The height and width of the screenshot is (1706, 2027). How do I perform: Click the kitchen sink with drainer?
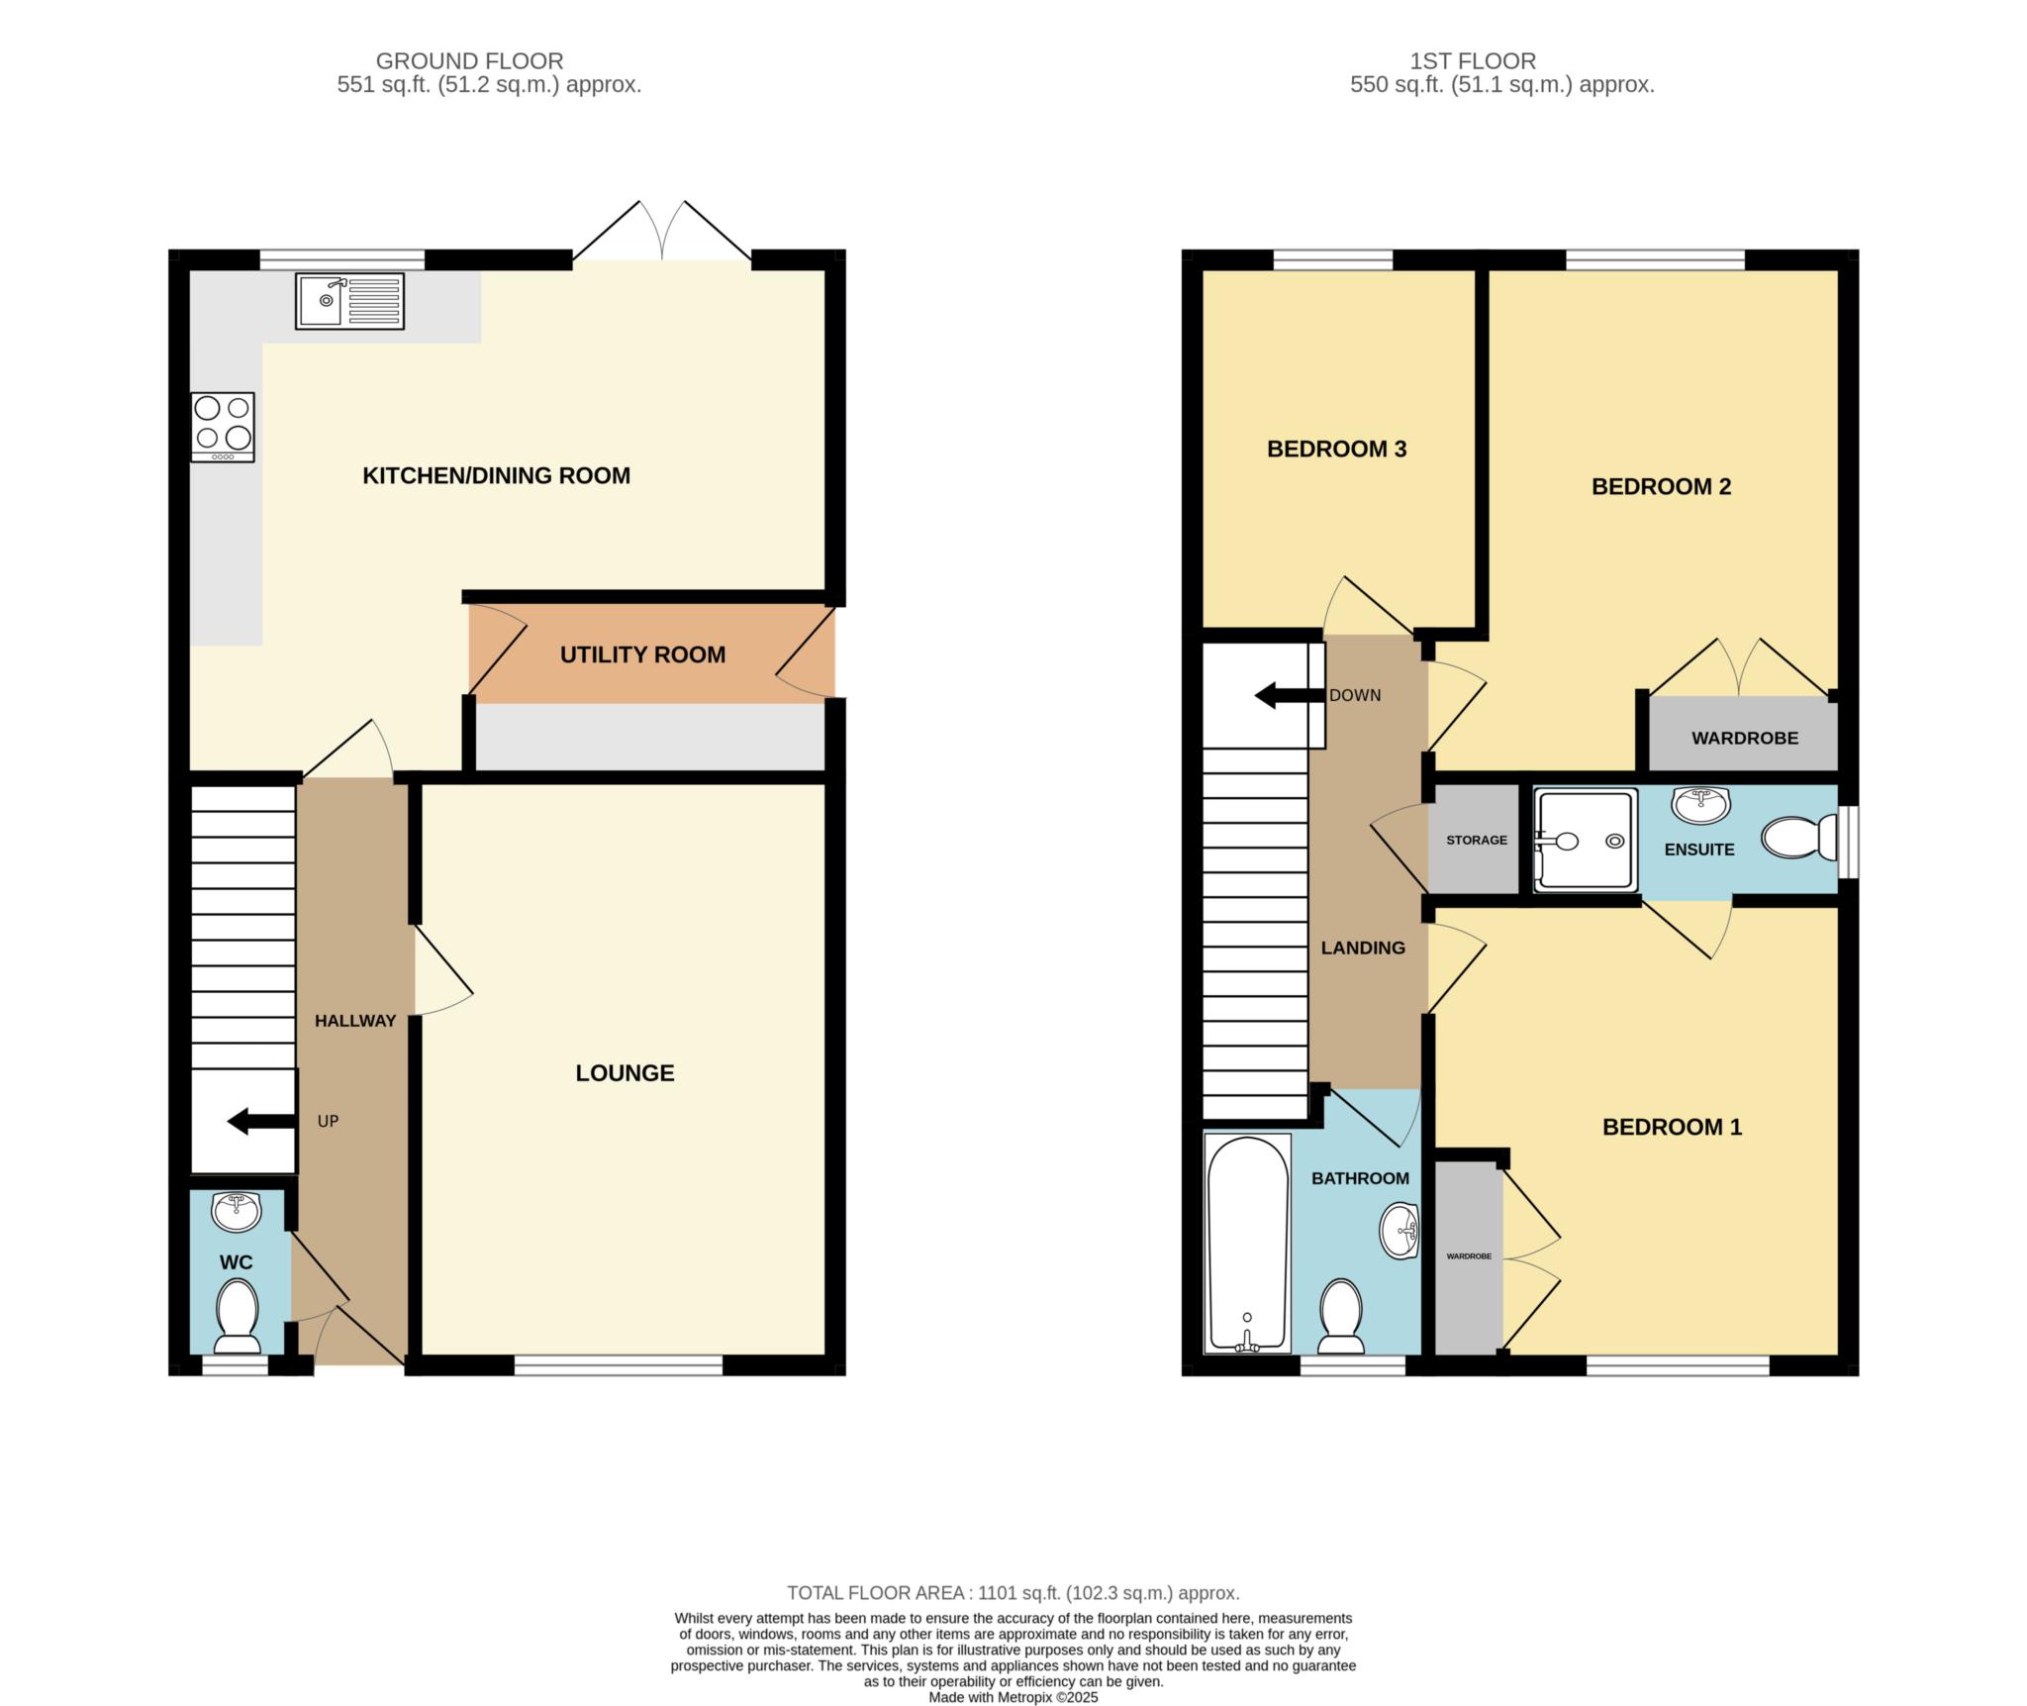pos(349,301)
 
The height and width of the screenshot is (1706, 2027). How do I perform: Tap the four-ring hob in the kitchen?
pos(223,427)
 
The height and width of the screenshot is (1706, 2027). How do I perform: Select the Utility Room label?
pos(642,654)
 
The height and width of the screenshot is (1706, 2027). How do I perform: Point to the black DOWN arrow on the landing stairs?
pos(1290,696)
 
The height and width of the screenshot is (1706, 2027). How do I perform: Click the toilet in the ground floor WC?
pos(237,1316)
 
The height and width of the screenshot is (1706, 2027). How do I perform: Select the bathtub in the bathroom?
pos(1247,1244)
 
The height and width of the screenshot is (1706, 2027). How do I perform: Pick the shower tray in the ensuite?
pos(1586,841)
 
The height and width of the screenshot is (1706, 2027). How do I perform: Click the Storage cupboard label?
pos(1477,840)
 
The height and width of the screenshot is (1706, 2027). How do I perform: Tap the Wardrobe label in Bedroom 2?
pos(1745,738)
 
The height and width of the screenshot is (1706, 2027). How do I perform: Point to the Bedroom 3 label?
pos(1336,449)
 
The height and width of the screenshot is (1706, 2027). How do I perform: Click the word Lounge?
pos(625,1072)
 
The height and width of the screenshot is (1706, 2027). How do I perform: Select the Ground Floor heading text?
pos(469,61)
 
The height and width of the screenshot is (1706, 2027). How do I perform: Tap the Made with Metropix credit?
pos(1013,1697)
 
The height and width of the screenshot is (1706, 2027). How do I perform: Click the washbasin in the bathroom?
pos(1400,1231)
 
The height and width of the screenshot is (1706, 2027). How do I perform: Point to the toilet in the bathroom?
pos(1341,1316)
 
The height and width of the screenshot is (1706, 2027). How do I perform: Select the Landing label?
pos(1363,948)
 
